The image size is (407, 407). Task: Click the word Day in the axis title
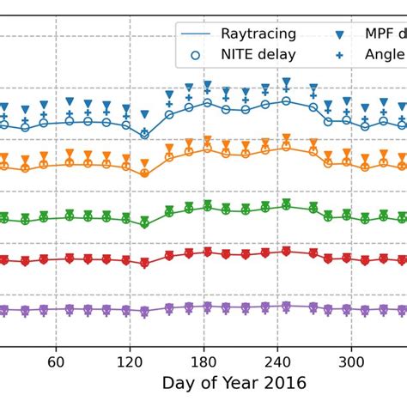pos(178,383)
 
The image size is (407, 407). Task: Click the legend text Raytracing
pos(258,34)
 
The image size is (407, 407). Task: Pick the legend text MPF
pos(380,34)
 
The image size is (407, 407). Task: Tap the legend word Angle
pos(385,55)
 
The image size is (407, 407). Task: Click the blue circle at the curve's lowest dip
pos(144,134)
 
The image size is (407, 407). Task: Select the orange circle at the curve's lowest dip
pos(144,173)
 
